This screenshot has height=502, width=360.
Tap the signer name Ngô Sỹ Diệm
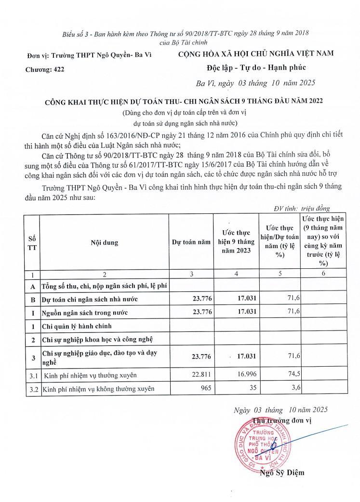tap(282, 473)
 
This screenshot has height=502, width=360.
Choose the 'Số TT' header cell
tap(32, 243)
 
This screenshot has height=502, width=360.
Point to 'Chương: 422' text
tap(44, 69)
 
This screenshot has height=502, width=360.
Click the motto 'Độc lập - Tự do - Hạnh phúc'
tap(256, 67)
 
